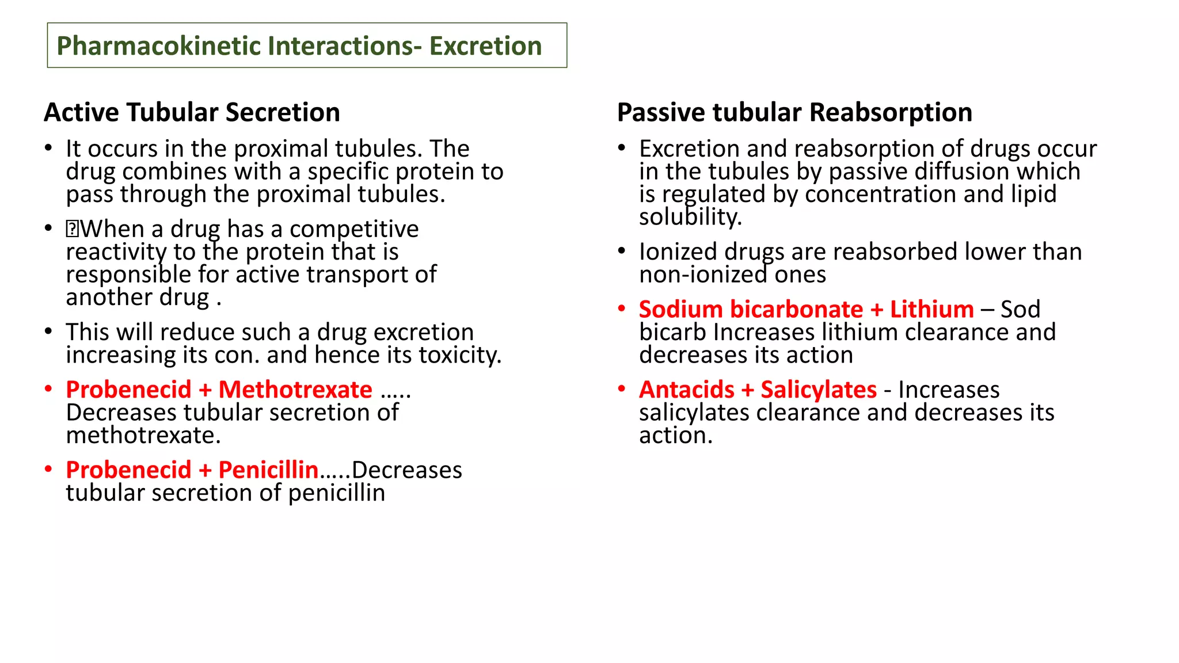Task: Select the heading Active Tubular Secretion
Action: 192,112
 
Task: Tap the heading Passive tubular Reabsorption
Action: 794,112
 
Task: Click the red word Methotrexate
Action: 295,390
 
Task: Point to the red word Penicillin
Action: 268,470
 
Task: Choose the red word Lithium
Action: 931,309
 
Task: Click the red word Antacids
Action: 686,390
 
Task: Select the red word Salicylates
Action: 819,390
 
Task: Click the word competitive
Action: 354,229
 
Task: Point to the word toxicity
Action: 460,355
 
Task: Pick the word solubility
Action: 690,217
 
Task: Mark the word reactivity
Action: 116,252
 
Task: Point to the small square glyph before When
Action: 72,230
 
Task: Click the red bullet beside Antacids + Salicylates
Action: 622,389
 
